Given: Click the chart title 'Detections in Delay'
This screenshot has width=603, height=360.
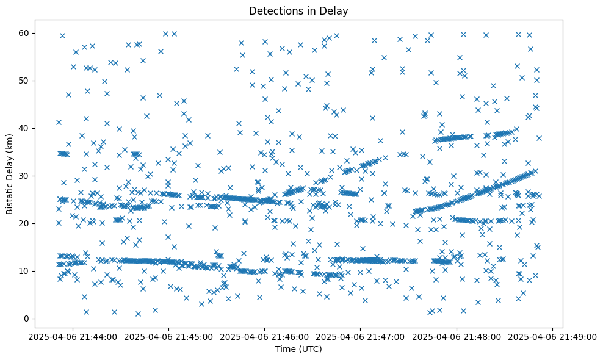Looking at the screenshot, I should [x=298, y=10].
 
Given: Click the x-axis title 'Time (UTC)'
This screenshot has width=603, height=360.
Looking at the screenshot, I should [x=298, y=349].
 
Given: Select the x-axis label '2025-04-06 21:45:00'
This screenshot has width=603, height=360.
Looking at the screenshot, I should [x=168, y=336].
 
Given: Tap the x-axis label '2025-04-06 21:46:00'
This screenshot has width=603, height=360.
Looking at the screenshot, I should [x=265, y=336].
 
